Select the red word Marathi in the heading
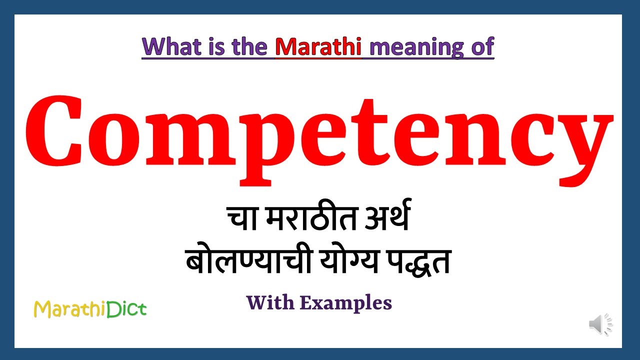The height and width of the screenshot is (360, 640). tap(318, 46)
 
